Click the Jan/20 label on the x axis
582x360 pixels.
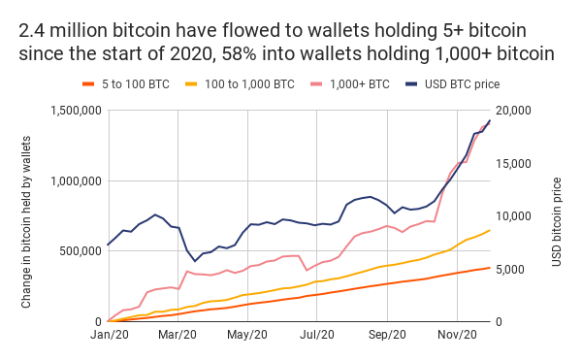[x=108, y=335]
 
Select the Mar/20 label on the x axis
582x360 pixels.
[x=177, y=335]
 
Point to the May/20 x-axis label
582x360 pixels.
[x=246, y=335]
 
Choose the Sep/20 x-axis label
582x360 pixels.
[x=387, y=335]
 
